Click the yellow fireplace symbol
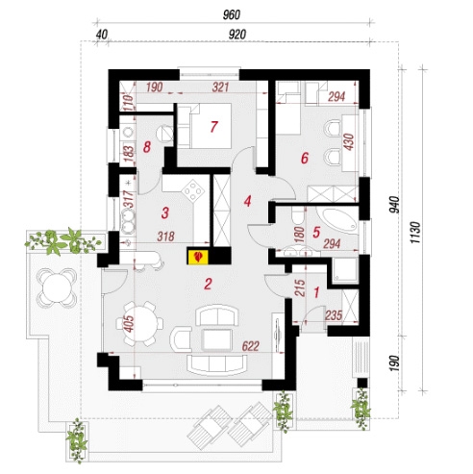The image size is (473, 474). [198, 257]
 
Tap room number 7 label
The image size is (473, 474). [213, 127]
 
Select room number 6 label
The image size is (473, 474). [305, 158]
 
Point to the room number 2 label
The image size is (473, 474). [208, 284]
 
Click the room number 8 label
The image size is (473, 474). [147, 148]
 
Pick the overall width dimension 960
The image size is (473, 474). [232, 15]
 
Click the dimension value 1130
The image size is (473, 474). [415, 232]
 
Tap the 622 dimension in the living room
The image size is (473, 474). [251, 346]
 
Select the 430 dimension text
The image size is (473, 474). [349, 141]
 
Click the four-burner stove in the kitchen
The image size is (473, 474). [193, 191]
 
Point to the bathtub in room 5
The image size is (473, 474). [336, 220]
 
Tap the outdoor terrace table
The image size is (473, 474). [57, 287]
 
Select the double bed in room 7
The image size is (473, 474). [205, 126]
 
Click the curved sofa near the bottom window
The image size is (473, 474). [217, 365]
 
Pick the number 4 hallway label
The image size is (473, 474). [247, 202]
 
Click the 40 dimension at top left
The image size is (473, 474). [102, 35]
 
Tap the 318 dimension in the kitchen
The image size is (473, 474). [165, 237]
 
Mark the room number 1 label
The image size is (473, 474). [316, 292]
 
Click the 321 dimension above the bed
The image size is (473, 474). [221, 87]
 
